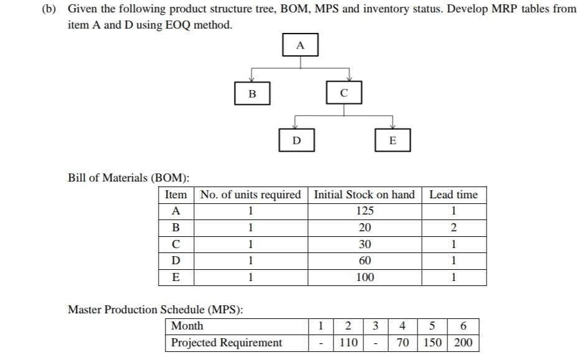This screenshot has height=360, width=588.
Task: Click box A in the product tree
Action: pyautogui.click(x=301, y=45)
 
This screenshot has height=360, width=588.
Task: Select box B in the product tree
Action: pyautogui.click(x=251, y=94)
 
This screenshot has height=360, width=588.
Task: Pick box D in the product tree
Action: pyautogui.click(x=296, y=141)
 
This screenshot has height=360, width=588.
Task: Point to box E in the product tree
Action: pyautogui.click(x=391, y=141)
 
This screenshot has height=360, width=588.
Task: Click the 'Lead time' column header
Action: pyautogui.click(x=454, y=195)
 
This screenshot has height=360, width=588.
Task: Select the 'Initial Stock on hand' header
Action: pyautogui.click(x=365, y=195)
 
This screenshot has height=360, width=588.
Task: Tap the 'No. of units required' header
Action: pyautogui.click(x=251, y=195)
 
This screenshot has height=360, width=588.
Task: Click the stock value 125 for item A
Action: pyautogui.click(x=365, y=210)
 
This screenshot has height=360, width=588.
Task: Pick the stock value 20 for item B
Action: pyautogui.click(x=365, y=227)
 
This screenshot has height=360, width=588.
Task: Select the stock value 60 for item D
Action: pyautogui.click(x=365, y=261)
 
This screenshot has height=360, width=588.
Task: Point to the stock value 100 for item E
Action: pyautogui.click(x=365, y=277)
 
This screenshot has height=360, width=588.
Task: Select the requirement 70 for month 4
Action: pyautogui.click(x=403, y=343)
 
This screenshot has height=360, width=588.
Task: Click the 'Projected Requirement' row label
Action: pyautogui.click(x=226, y=343)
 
